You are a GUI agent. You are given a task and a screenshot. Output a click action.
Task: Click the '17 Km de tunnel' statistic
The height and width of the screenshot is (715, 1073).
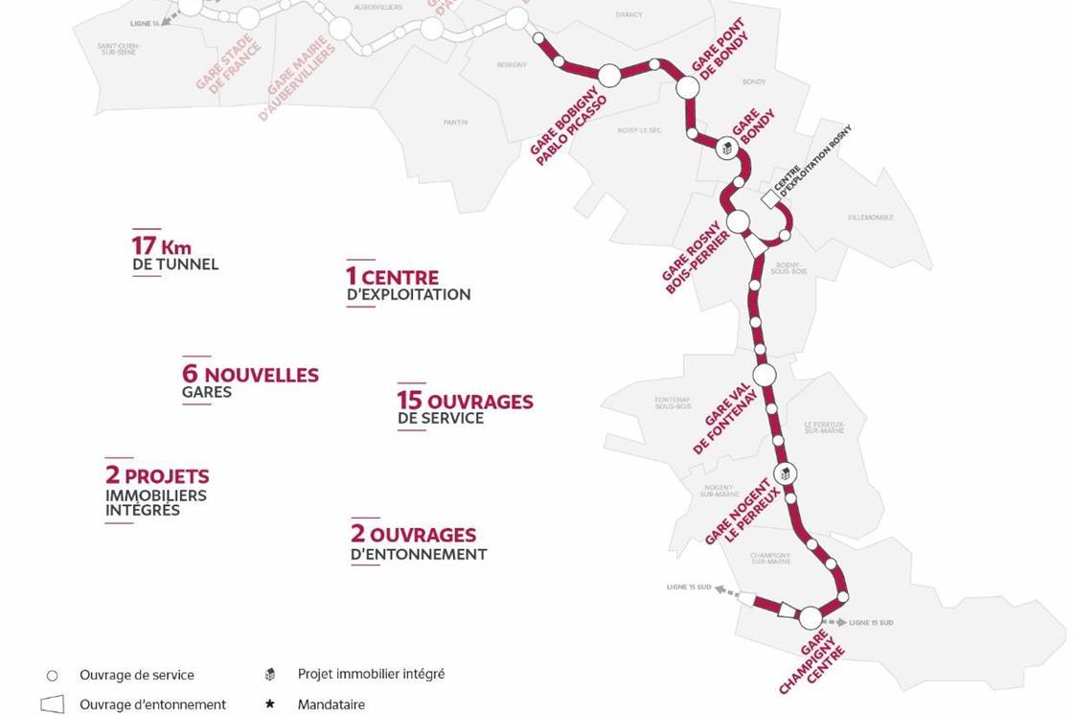(175, 254)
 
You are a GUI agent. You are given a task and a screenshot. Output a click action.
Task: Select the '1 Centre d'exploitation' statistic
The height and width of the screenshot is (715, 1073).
(408, 285)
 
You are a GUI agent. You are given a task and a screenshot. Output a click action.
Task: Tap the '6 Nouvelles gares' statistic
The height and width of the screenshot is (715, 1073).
(250, 381)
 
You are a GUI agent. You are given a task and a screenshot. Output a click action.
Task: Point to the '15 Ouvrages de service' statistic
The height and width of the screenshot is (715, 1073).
(466, 408)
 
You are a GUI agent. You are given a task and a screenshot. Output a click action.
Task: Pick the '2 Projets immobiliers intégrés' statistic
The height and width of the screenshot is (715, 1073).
(157, 491)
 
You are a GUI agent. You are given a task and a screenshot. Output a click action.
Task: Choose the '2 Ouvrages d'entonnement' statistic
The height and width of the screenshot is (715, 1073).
(419, 542)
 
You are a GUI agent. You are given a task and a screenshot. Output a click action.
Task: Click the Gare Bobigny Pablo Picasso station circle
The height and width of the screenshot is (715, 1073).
(609, 75)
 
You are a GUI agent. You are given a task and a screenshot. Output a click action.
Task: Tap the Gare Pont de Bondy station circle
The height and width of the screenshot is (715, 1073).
(687, 87)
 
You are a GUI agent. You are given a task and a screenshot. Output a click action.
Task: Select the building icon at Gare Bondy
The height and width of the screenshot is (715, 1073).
(727, 149)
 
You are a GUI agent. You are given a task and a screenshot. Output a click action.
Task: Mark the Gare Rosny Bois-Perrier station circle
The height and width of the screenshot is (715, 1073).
(738, 222)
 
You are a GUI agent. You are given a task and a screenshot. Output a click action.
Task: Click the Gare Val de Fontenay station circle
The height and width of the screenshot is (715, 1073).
(764, 375)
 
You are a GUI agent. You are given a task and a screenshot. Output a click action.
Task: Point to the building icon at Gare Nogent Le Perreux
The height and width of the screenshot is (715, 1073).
(785, 473)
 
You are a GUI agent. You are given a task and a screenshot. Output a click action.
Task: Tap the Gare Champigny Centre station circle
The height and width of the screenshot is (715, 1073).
(810, 618)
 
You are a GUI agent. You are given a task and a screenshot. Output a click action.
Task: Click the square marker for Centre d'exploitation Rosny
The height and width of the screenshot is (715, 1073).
(769, 199)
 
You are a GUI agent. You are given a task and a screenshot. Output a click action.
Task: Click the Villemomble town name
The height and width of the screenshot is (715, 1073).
(870, 218)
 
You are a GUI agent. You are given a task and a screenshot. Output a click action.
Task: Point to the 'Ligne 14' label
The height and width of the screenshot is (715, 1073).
(145, 22)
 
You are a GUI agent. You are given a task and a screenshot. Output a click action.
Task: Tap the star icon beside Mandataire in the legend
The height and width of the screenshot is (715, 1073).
(270, 704)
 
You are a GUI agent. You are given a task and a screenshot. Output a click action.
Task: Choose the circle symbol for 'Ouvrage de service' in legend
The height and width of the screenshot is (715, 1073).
(53, 676)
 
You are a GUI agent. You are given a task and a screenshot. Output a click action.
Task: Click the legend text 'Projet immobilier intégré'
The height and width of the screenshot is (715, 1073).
(371, 674)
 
